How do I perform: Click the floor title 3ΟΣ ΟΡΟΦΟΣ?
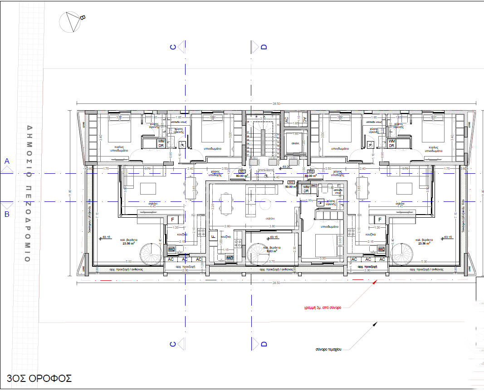pyautogui.click(x=39, y=378)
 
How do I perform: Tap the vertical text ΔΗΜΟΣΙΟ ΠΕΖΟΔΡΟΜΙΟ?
pyautogui.click(x=28, y=193)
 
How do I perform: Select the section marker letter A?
pyautogui.click(x=6, y=161)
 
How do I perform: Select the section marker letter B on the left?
pyautogui.click(x=6, y=215)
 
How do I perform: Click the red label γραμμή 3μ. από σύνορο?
pyautogui.click(x=326, y=307)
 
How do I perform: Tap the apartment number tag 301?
pyautogui.click(x=242, y=171)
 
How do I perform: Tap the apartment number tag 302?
pyautogui.click(x=290, y=182)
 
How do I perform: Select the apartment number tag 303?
pyautogui.click(x=311, y=171)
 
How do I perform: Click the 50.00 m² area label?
pyautogui.click(x=290, y=186)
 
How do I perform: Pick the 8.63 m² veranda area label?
pyautogui.click(x=272, y=250)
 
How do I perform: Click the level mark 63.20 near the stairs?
pyautogui.click(x=286, y=167)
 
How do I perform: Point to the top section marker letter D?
pyautogui.click(x=264, y=47)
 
